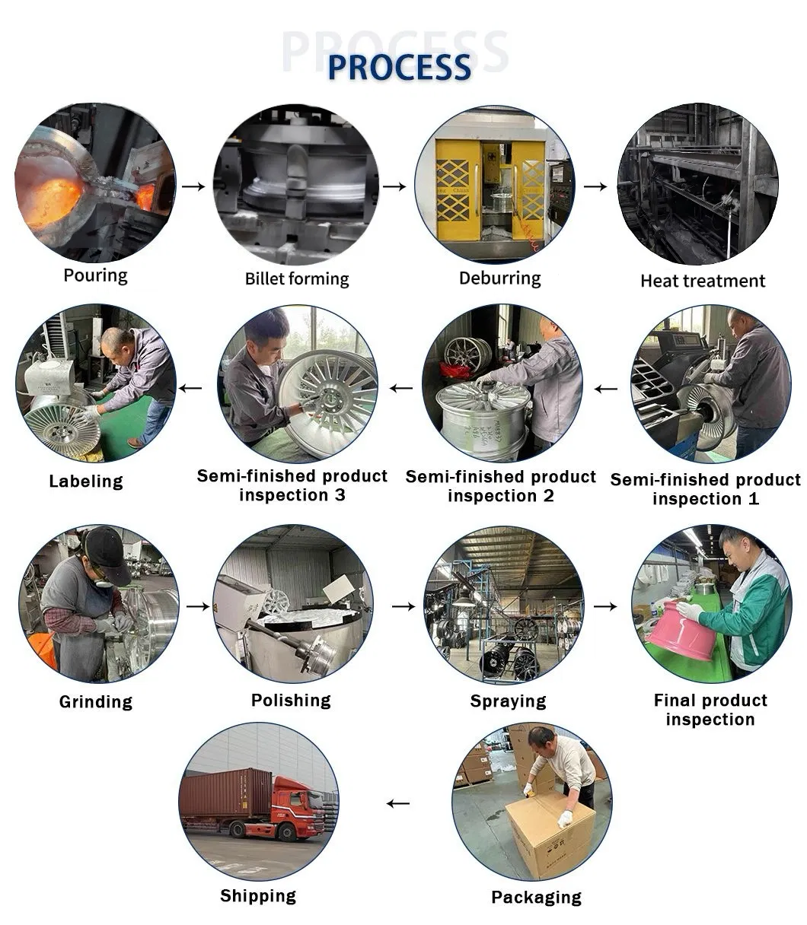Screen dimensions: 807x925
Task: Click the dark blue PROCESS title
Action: (x=399, y=68)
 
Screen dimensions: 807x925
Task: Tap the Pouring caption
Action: (x=95, y=275)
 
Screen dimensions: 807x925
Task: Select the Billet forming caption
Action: (x=297, y=278)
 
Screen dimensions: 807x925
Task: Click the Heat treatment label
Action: (x=703, y=281)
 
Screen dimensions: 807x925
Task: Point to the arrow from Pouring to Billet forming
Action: (x=193, y=186)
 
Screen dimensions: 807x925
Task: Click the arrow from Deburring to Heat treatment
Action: (x=595, y=186)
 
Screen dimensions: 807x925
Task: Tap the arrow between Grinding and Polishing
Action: (x=198, y=606)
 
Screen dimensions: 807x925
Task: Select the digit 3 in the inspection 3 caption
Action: (x=340, y=495)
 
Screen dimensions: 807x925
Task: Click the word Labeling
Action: (x=86, y=481)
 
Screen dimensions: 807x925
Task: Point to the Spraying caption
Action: (x=508, y=701)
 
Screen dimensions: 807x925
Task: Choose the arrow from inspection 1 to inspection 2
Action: (x=606, y=389)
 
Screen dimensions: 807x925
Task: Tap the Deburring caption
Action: (x=500, y=278)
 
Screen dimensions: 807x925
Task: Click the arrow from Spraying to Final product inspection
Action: (x=605, y=606)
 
